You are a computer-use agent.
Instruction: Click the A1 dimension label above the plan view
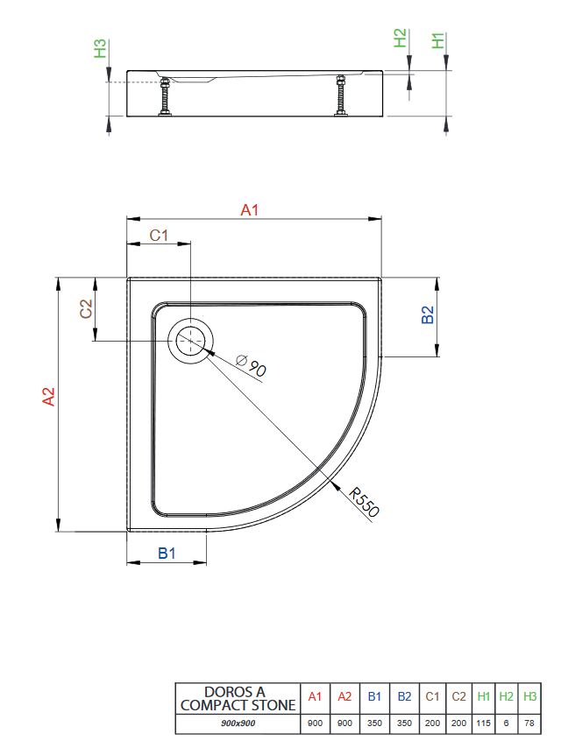pyautogui.click(x=251, y=209)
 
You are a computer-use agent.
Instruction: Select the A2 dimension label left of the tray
pyautogui.click(x=49, y=397)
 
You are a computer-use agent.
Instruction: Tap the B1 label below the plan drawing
pyautogui.click(x=167, y=554)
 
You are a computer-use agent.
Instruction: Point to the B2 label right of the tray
pyautogui.click(x=428, y=315)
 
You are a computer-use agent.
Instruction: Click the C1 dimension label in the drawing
pyautogui.click(x=159, y=235)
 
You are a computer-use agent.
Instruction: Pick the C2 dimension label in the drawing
pyautogui.click(x=86, y=309)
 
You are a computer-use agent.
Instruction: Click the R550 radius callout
pyautogui.click(x=363, y=504)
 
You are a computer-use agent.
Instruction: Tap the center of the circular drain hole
pyautogui.click(x=190, y=342)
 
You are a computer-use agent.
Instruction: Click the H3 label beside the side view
pyautogui.click(x=101, y=48)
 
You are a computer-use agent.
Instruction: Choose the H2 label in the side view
pyautogui.click(x=400, y=39)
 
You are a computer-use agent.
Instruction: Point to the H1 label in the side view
pyautogui.click(x=438, y=39)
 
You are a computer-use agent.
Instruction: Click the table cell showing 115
pyautogui.click(x=483, y=724)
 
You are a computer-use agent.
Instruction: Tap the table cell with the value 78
pyautogui.click(x=529, y=724)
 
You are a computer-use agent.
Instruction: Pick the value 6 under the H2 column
pyautogui.click(x=507, y=724)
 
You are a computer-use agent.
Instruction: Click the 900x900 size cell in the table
pyautogui.click(x=238, y=724)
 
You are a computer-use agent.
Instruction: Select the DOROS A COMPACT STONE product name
pyautogui.click(x=238, y=698)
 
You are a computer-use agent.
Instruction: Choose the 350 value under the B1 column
pyautogui.click(x=374, y=724)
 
